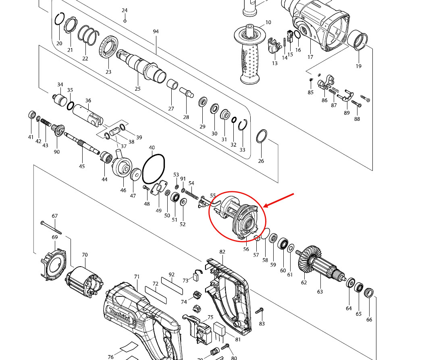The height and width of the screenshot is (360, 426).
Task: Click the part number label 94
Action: tap(156, 31)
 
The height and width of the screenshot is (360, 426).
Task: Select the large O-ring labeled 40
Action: tap(154, 169)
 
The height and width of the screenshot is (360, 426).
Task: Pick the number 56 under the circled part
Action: tap(246, 249)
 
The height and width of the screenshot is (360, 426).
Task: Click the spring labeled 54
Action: tap(192, 194)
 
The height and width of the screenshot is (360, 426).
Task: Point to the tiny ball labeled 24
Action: tap(125, 21)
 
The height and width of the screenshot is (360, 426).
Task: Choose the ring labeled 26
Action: tap(261, 136)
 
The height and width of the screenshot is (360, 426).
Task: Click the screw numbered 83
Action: tap(260, 311)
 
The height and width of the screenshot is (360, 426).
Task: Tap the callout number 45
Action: tap(82, 166)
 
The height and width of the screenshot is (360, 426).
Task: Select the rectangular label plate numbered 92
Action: tap(172, 286)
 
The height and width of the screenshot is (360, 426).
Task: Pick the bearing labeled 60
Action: tap(283, 243)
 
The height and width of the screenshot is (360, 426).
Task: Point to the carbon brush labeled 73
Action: tap(197, 275)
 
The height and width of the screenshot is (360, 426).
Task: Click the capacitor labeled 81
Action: tap(219, 331)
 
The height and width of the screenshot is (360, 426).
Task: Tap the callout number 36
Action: tap(88, 100)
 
